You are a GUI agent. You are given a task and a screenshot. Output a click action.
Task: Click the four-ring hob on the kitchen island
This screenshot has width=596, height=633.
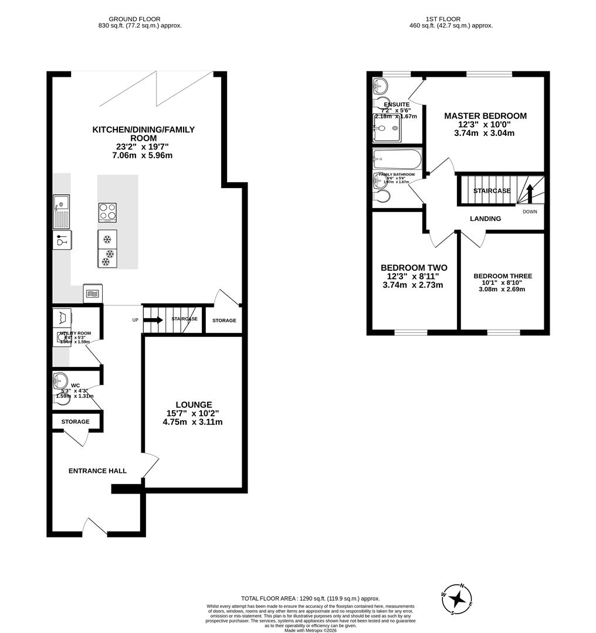coord(107,212)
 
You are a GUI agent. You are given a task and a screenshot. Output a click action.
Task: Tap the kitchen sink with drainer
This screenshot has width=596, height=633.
coord(61,212)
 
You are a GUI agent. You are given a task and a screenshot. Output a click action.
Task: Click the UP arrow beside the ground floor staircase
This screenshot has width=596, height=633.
coord(153,320)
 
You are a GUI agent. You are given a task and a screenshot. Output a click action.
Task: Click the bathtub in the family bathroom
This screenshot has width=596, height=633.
coord(397,159)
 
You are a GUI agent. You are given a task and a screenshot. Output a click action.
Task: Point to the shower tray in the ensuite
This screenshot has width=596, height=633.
coord(387,128)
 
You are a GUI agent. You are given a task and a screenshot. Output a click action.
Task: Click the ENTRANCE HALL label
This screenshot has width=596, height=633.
coord(97,471)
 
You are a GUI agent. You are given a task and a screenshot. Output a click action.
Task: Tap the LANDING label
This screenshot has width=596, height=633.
coord(485,219)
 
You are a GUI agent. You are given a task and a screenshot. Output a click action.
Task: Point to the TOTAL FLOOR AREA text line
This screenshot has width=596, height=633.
coord(310,598)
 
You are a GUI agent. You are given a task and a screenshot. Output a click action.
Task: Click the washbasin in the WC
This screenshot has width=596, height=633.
coord(60,379)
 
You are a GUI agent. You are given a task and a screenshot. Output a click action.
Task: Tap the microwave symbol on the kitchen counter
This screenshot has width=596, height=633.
coord(92,293)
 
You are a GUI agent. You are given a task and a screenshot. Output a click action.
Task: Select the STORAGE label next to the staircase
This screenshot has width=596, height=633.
coord(224,321)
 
